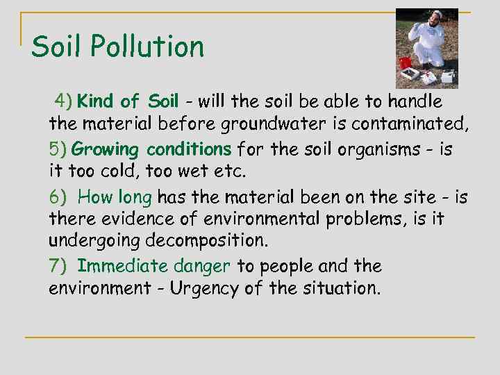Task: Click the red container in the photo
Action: tap(405, 62)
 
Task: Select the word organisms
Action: tap(365, 149)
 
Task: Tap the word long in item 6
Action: tap(135, 197)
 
